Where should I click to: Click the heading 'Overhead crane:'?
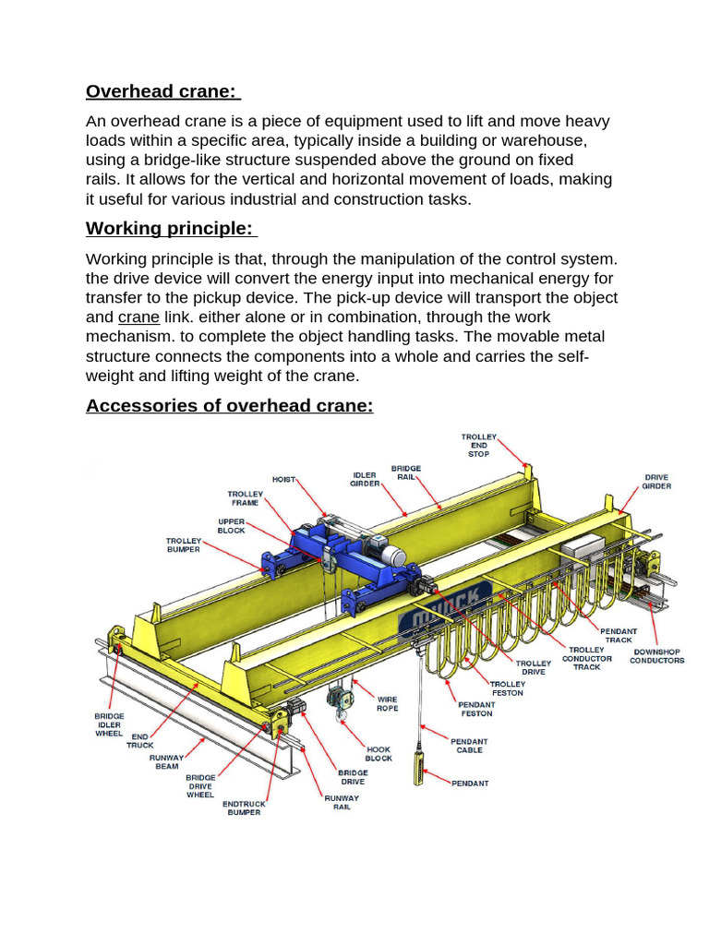(162, 91)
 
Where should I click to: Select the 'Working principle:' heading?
(172, 228)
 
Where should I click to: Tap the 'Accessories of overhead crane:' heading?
(229, 405)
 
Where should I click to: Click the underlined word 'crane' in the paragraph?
(138, 317)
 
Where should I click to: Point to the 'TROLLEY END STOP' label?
(479, 445)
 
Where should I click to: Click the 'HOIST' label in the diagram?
(284, 479)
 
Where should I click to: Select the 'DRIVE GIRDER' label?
(656, 482)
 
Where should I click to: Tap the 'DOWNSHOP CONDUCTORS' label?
(657, 656)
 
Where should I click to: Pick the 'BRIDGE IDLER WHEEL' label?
(109, 724)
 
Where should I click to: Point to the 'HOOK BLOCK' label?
(379, 754)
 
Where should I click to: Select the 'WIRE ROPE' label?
(387, 704)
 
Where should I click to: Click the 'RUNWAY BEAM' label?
(165, 761)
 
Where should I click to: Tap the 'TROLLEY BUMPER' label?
(183, 544)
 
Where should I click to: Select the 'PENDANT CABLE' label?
(469, 746)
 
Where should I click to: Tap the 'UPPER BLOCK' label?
(232, 526)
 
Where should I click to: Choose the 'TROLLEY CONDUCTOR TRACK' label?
(587, 658)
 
